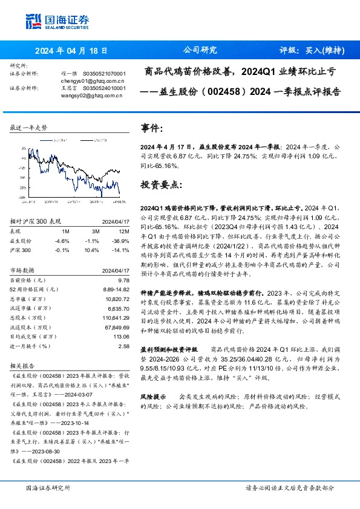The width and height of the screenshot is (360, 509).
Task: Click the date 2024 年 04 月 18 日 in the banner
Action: [x=71, y=51]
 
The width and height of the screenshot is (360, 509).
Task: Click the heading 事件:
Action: [x=151, y=129]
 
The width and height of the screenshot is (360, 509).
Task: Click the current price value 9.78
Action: [x=123, y=280]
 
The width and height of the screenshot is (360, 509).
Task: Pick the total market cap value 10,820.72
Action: [x=117, y=299]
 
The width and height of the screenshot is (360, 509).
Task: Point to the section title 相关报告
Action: [x=22, y=366]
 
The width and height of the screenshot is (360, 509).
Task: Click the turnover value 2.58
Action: [x=124, y=346]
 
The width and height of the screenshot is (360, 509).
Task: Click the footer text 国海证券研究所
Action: [x=48, y=487]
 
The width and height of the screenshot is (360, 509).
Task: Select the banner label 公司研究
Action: [x=200, y=51]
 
